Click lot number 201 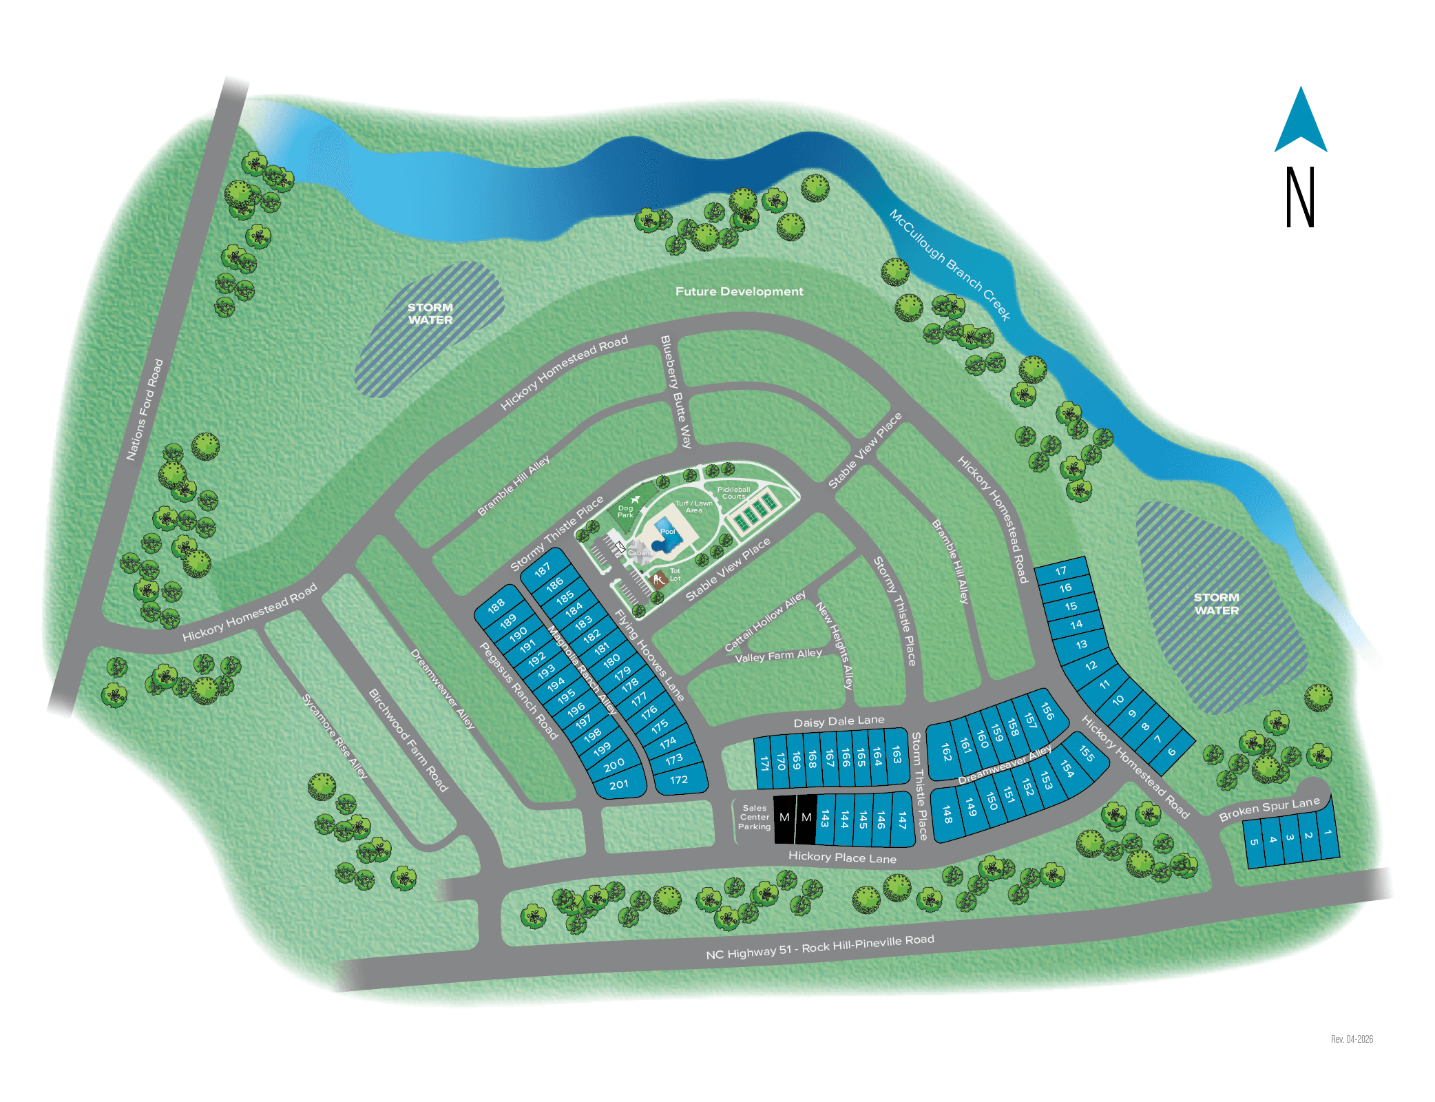point(618,784)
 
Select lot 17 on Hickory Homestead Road point(1061,570)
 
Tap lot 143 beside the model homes point(825,819)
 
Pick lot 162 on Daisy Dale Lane point(946,751)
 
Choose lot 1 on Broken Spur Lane point(1327,833)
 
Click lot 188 point(496,606)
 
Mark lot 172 point(679,780)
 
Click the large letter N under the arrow point(1300,197)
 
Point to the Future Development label point(739,291)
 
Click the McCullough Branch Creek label point(950,265)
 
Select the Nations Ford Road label point(145,409)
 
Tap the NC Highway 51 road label point(819,947)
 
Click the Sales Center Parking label point(754,818)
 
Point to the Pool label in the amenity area point(667,531)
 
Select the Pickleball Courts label point(733,492)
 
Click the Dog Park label point(625,511)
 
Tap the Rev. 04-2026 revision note point(1351,1039)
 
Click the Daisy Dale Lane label point(839,721)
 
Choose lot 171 point(764,763)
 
